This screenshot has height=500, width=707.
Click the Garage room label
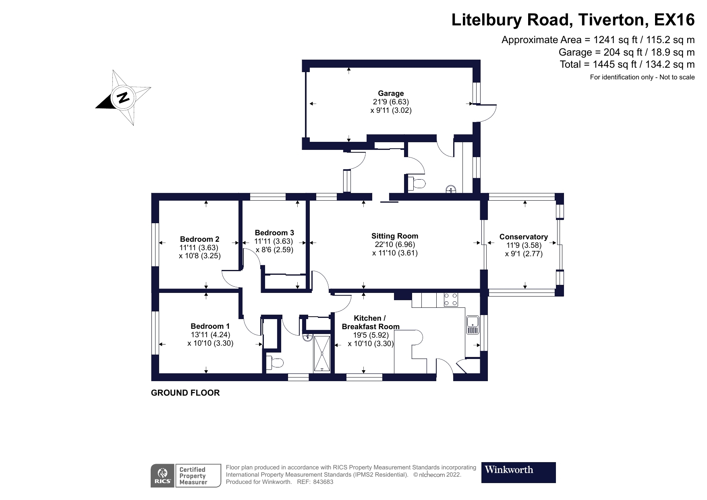coord(390,93)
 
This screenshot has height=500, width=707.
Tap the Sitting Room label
coord(394,236)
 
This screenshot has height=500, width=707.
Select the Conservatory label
coord(523,237)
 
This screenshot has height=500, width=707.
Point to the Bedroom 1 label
coord(210,326)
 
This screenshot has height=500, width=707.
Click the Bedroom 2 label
coord(199,239)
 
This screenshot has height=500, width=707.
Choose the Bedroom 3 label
coord(274,233)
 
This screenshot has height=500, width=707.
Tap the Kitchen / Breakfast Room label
coord(370,322)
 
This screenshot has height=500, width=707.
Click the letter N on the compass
coord(123,97)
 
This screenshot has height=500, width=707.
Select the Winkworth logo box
coord(518,472)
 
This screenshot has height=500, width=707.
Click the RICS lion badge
coord(163,475)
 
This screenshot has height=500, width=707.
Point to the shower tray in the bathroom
coord(323,353)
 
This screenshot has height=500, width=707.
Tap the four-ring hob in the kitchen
coord(451,299)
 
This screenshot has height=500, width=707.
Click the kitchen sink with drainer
coord(473,325)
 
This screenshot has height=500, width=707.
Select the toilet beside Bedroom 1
coord(276,363)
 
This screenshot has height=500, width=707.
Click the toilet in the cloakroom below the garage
coord(418,184)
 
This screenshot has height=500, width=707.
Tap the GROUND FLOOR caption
coord(185,393)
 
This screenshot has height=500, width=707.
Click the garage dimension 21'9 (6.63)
coord(391,102)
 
